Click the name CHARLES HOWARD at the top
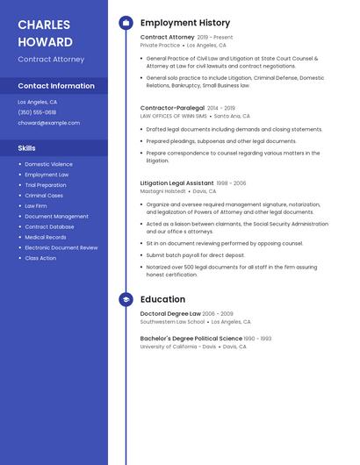(x=46, y=32)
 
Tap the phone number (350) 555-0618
(x=37, y=112)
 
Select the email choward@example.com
(x=48, y=123)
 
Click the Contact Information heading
(x=56, y=86)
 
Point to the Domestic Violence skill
(x=48, y=164)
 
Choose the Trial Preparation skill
(x=46, y=185)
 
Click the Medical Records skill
(x=46, y=237)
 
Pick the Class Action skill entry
(x=40, y=258)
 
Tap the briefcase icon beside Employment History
(x=126, y=23)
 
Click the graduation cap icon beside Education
(x=126, y=299)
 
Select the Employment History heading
(x=185, y=23)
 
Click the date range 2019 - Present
(x=215, y=38)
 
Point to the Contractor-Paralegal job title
(x=172, y=108)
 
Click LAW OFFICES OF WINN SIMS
(x=174, y=116)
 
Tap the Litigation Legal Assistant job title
(x=176, y=183)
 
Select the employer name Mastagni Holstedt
(x=163, y=190)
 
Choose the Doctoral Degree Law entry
(x=170, y=313)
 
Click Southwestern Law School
(x=172, y=321)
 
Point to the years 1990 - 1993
(x=258, y=338)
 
